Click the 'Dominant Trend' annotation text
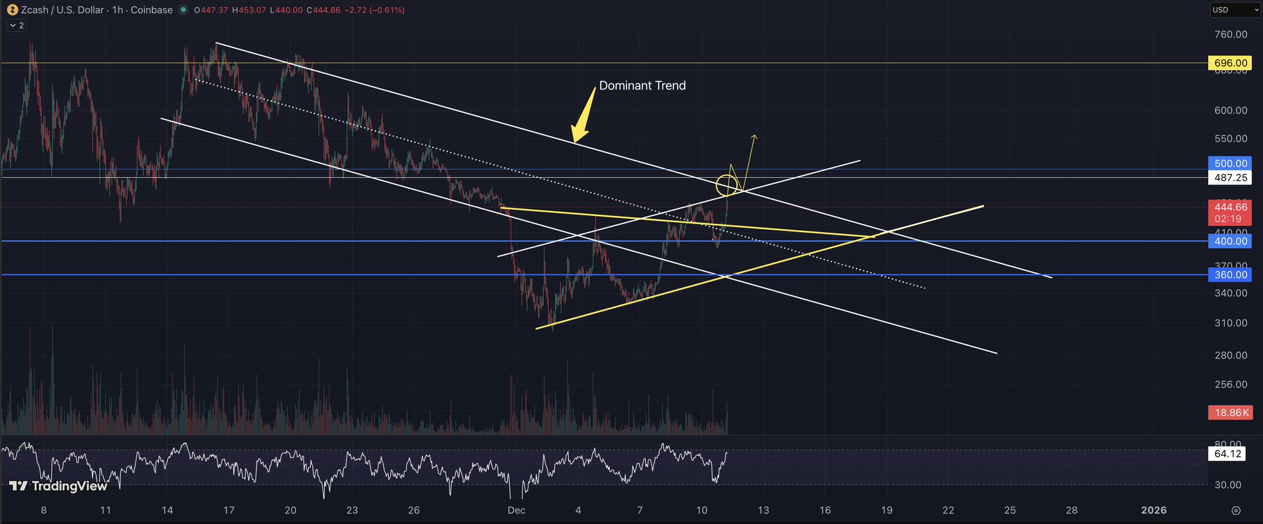(642, 86)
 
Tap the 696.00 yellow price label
(1230, 63)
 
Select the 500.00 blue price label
(1230, 164)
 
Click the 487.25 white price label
(1230, 178)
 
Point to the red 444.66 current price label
(1230, 207)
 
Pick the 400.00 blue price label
(1230, 241)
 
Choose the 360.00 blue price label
(1230, 275)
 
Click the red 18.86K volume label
(1230, 412)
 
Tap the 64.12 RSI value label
(1227, 454)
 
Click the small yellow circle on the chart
(727, 185)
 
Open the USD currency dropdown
(1235, 10)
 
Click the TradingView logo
(59, 486)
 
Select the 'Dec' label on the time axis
(516, 510)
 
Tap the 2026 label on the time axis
(1154, 510)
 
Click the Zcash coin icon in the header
(12, 10)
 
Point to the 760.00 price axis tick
(1230, 35)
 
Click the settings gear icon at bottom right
(1236, 510)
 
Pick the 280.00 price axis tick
(1230, 356)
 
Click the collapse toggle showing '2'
(16, 25)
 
